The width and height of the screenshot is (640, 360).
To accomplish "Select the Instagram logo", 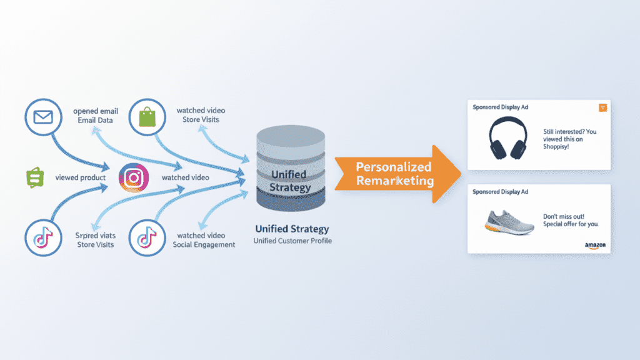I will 133,178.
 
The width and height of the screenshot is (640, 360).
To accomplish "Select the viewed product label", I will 81,178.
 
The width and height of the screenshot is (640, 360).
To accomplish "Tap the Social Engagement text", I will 204,245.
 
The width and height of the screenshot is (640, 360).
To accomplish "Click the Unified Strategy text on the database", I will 290,181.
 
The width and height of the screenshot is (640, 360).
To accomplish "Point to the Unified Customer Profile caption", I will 292,241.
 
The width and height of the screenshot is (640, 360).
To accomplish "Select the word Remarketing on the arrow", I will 394,181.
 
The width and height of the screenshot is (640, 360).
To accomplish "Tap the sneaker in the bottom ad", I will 509,222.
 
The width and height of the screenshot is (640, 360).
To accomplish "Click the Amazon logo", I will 595,246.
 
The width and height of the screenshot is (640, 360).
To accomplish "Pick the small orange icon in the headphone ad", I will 602,107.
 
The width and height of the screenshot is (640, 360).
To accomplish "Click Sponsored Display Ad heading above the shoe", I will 501,191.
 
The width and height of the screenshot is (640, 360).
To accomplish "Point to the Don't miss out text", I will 569,219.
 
